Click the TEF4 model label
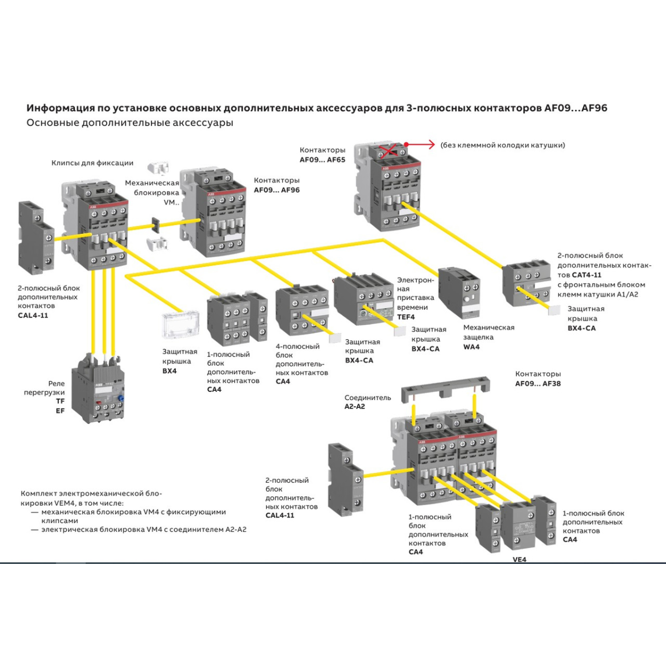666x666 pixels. [406, 317]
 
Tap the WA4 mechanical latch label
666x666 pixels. [471, 347]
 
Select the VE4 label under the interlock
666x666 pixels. [519, 559]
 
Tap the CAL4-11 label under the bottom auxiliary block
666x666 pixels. [280, 515]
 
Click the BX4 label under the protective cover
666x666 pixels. [169, 371]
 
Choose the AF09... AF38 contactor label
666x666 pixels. [538, 384]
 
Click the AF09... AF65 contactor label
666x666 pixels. [322, 160]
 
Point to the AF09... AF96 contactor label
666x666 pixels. [276, 190]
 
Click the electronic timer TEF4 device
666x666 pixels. [364, 300]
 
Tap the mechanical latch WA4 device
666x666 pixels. [460, 292]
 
